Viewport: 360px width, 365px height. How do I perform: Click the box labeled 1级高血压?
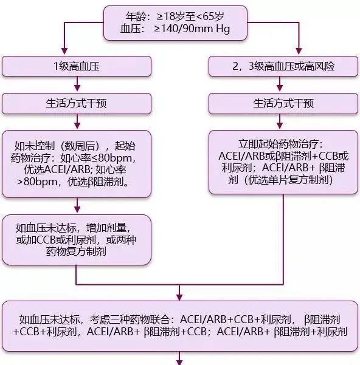pyautogui.click(x=77, y=66)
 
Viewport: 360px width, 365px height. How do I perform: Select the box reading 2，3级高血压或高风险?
pyautogui.click(x=283, y=66)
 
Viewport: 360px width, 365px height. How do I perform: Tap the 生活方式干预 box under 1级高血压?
pyautogui.click(x=77, y=104)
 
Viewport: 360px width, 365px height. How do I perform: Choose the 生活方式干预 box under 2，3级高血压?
pyautogui.click(x=283, y=104)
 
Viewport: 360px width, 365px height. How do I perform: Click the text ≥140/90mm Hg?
pyautogui.click(x=192, y=29)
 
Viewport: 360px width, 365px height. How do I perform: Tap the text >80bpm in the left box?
pyautogui.click(x=37, y=182)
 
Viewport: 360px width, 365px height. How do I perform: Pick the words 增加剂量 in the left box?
pyautogui.click(x=106, y=228)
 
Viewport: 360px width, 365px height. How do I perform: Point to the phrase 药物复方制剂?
pyautogui.click(x=76, y=251)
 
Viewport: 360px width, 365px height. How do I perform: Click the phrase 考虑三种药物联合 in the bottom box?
pyautogui.click(x=130, y=319)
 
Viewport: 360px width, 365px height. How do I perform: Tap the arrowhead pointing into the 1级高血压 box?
pyautogui.click(x=64, y=51)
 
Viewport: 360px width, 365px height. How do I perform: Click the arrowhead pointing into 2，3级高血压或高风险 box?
pyautogui.click(x=299, y=51)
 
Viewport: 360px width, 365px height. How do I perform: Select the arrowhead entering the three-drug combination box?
pyautogui.click(x=179, y=298)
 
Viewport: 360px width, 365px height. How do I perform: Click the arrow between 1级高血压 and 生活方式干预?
pyautogui.click(x=77, y=84)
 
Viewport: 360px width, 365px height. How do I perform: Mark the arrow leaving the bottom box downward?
pyautogui.click(x=179, y=358)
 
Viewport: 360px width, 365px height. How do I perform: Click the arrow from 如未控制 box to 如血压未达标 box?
pyautogui.click(x=77, y=205)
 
